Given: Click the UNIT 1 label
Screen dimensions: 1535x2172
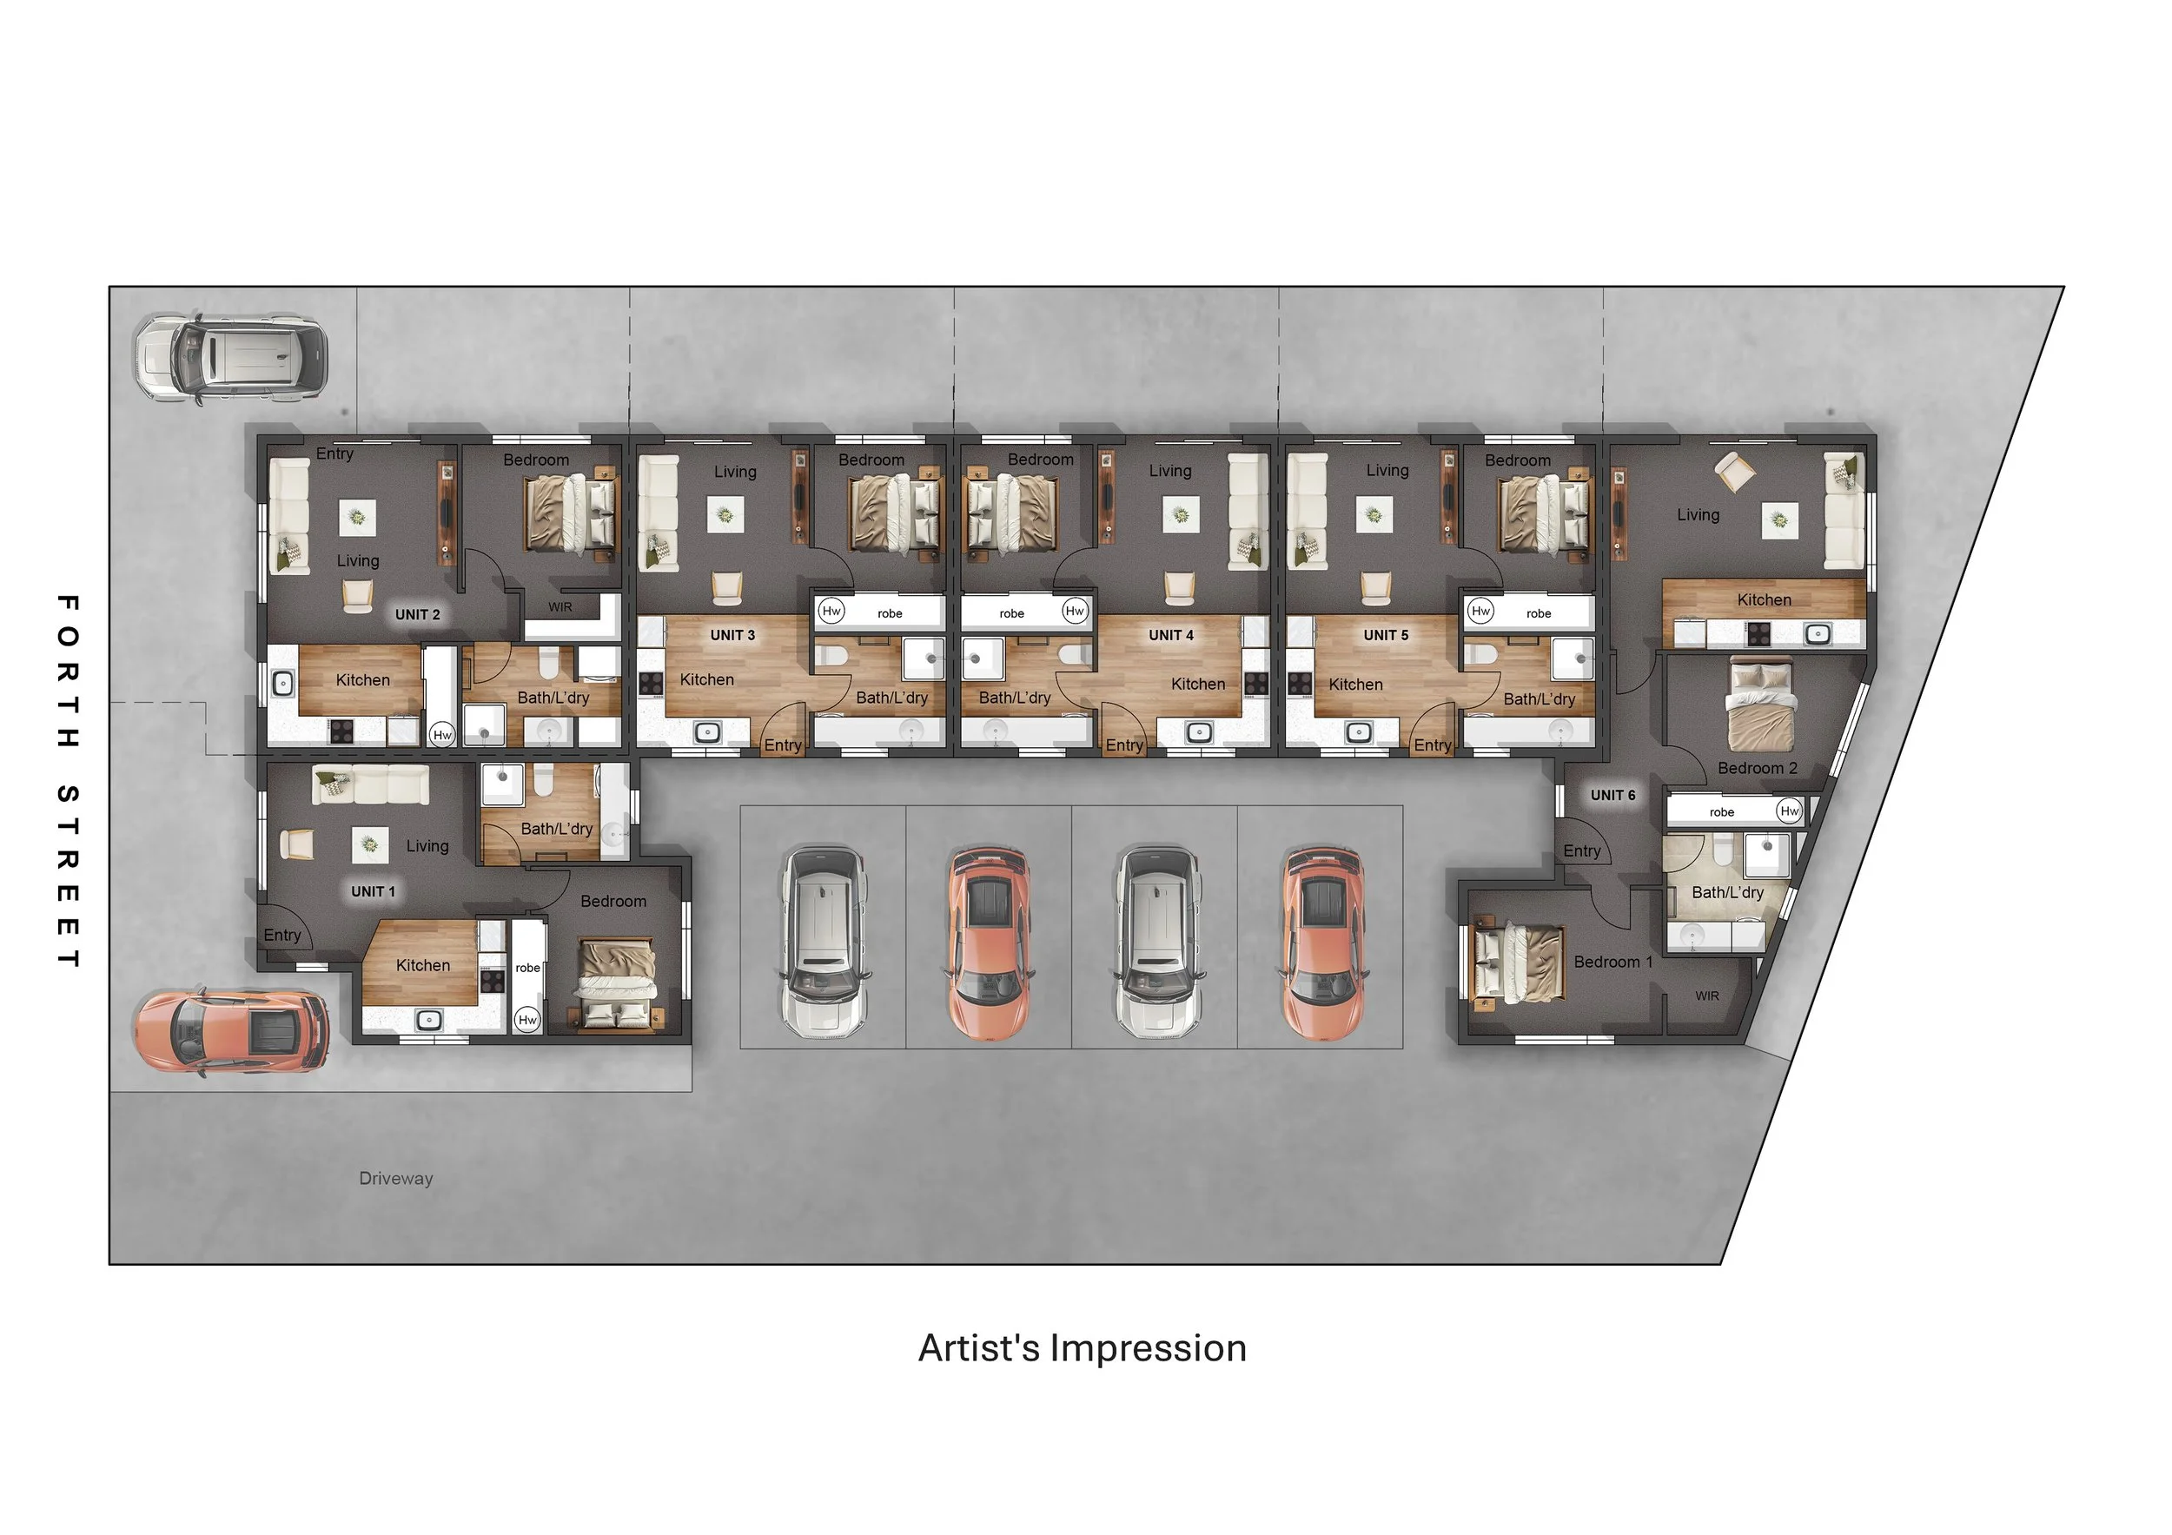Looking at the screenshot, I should pos(373,892).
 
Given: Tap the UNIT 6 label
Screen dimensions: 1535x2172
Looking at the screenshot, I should pos(1612,796).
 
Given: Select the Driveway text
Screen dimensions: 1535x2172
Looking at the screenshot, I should pos(395,1179).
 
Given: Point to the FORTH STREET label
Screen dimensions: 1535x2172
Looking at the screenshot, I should pos(67,781).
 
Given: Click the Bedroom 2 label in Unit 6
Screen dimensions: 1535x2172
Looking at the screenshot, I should pos(1757,768).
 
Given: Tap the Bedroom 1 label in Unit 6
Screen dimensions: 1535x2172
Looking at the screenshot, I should pos(1612,962).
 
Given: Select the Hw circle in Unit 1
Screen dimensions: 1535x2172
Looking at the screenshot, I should pos(526,1020).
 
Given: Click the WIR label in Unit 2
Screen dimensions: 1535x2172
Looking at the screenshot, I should pos(560,607).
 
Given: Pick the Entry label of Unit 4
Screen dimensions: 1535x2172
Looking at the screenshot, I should pos(1124,745).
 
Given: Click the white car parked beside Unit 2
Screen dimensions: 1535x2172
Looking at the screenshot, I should pos(232,359).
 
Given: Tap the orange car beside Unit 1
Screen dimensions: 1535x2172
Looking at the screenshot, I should pos(232,1031).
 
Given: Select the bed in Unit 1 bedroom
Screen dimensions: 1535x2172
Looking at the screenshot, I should pos(617,983).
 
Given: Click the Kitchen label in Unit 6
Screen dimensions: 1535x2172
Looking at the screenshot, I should pos(1764,599).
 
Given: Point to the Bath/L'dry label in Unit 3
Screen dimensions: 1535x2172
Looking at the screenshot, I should pos(891,698).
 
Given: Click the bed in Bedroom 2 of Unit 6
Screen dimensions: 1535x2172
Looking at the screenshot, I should pos(1760,706).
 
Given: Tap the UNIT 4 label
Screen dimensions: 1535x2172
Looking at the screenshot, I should pos(1170,636).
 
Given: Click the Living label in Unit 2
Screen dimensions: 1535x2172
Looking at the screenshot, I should pos(358,561).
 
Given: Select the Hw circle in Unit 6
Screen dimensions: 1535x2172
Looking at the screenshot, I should pos(1788,811).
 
